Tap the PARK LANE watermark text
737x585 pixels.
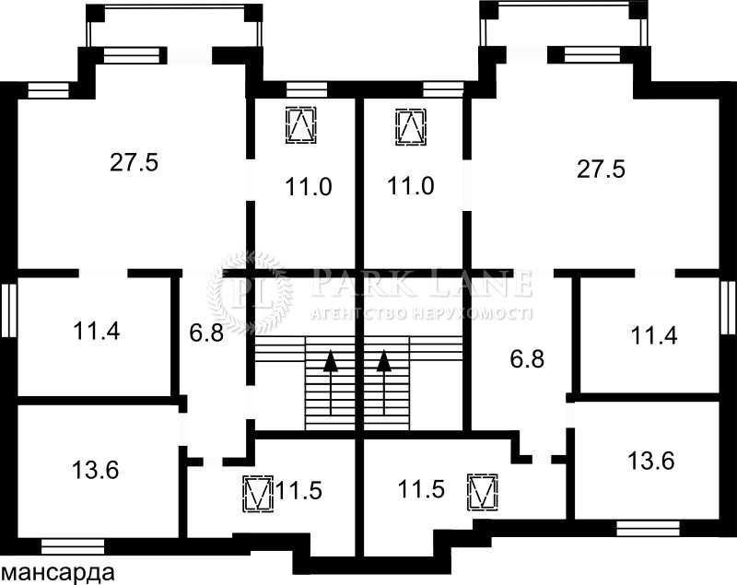click(422, 283)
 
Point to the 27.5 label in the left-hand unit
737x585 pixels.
click(135, 162)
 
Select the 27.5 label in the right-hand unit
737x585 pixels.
click(602, 169)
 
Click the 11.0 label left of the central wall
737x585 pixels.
click(309, 186)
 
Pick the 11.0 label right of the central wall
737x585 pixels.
click(410, 185)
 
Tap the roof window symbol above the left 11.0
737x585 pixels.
click(301, 125)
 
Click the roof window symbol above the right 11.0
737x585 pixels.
click(411, 126)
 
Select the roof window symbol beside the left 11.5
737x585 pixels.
click(258, 494)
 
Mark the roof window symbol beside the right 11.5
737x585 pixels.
click(483, 492)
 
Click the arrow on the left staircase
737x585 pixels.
click(332, 382)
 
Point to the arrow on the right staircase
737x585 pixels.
click(385, 382)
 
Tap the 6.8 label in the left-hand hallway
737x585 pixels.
click(206, 333)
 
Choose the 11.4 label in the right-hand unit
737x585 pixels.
click(654, 336)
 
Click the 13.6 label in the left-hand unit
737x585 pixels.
click(96, 470)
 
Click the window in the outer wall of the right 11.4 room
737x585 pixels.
click(728, 308)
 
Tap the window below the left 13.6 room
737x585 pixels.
click(73, 546)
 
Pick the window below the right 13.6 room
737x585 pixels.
click(649, 529)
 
